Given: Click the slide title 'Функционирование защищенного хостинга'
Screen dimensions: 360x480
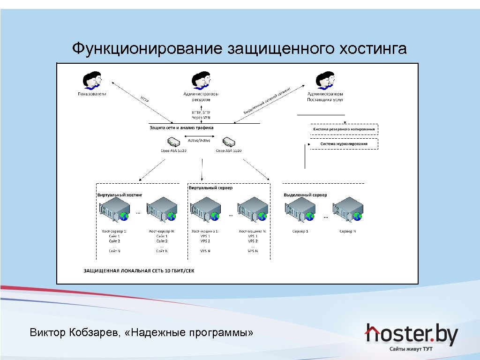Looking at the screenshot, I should pyautogui.click(x=239, y=49).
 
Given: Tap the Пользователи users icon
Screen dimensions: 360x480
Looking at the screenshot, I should pyautogui.click(x=92, y=80).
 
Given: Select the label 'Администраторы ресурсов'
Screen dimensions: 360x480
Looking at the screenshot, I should pyautogui.click(x=201, y=97).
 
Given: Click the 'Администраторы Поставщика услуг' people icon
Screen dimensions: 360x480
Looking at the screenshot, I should pyautogui.click(x=324, y=80).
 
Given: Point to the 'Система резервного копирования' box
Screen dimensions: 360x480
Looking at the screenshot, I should pyautogui.click(x=344, y=129).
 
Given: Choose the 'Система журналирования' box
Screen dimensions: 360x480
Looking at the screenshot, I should pyautogui.click(x=344, y=144).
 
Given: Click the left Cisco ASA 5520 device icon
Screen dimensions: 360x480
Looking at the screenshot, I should pyautogui.click(x=172, y=142).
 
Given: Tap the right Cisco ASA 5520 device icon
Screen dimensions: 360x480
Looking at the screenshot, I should pyautogui.click(x=229, y=142).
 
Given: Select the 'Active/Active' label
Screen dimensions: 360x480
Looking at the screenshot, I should pyautogui.click(x=199, y=141).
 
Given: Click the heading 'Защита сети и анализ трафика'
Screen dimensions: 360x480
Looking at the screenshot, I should pyautogui.click(x=181, y=127).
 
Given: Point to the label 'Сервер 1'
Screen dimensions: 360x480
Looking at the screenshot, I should pyautogui.click(x=300, y=232).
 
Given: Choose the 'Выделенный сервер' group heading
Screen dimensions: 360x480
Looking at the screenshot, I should pyautogui.click(x=306, y=195).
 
